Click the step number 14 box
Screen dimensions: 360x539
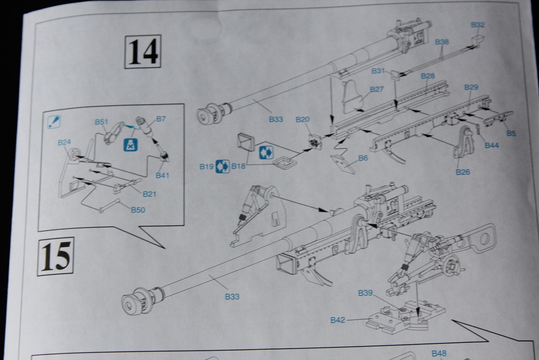coord(142,52)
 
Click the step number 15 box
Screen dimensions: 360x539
coord(55,256)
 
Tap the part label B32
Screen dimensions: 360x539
coord(478,24)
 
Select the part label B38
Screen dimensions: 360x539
coord(442,42)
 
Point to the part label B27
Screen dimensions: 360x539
coord(377,89)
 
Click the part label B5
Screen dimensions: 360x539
coord(511,133)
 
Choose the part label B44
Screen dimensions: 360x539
coord(491,146)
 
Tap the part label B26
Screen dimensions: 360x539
coord(463,172)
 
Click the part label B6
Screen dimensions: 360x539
coord(363,158)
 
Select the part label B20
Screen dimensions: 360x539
coord(303,120)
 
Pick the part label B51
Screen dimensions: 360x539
coord(101,122)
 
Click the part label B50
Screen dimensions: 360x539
coord(138,209)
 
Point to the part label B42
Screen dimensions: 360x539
coord(338,320)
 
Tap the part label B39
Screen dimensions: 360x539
coord(365,293)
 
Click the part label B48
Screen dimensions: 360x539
coord(439,354)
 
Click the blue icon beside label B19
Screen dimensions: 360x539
coord(222,166)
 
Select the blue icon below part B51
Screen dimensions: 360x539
coord(129,145)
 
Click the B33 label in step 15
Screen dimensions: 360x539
coord(232,297)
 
